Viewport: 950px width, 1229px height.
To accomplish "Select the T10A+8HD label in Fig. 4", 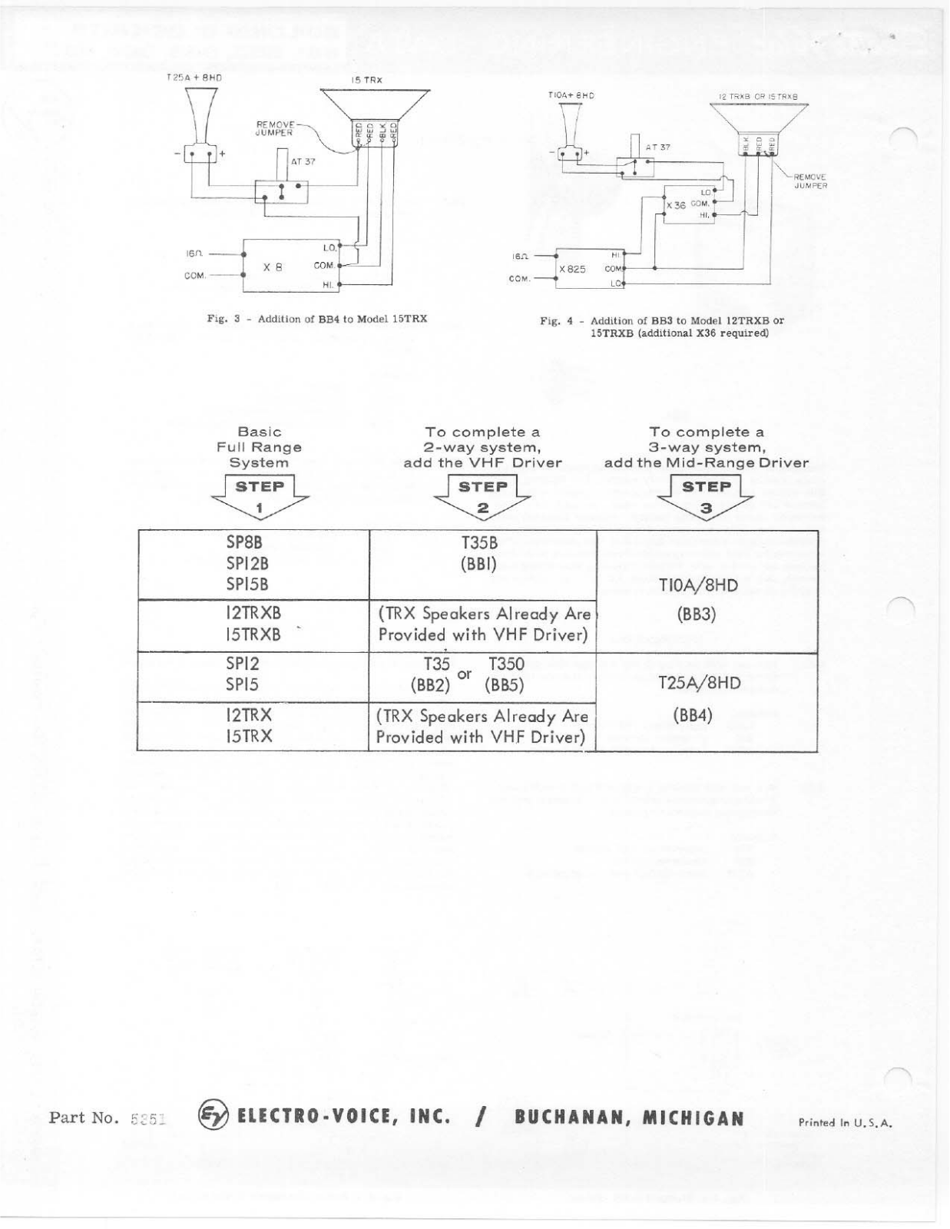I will click(571, 95).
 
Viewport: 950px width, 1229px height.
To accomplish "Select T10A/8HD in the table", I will click(698, 586).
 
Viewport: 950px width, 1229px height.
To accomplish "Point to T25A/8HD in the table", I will click(699, 684).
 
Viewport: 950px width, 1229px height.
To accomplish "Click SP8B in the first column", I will click(244, 543).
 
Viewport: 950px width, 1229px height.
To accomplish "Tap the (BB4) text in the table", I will click(693, 715).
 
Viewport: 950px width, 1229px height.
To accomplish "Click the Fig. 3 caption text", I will click(316, 319).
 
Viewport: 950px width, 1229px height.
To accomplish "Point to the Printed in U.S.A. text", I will click(846, 1122).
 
